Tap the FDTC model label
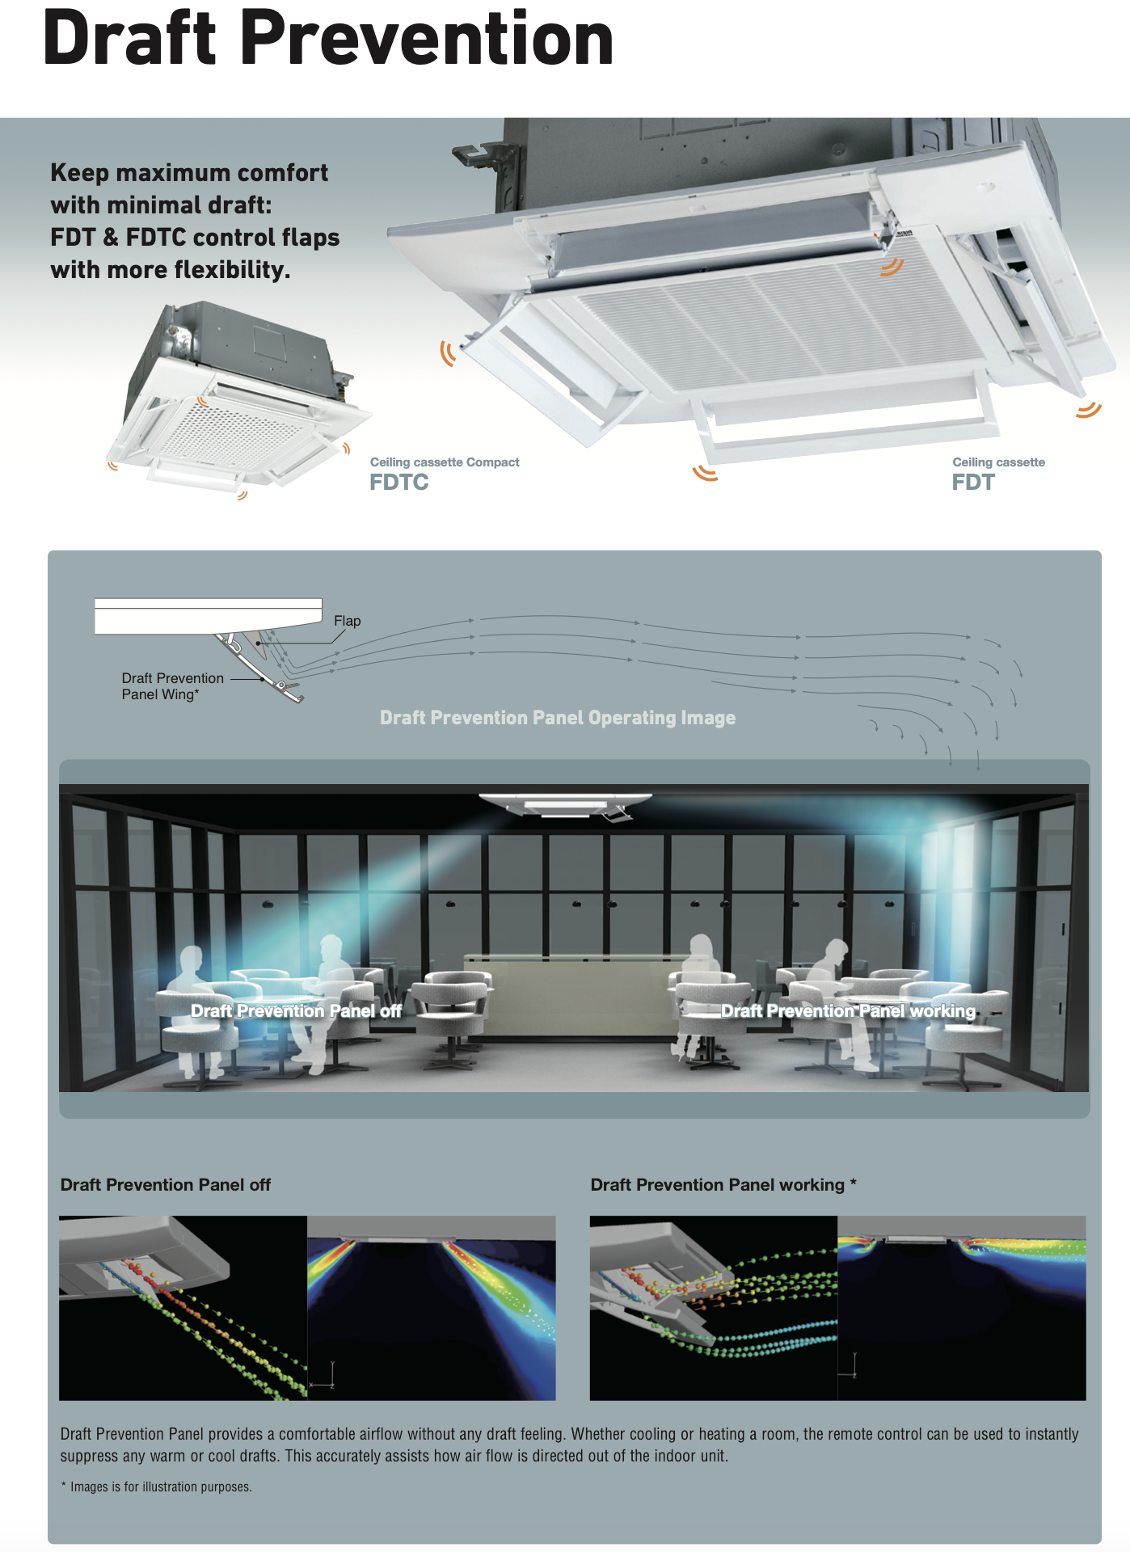point(398,483)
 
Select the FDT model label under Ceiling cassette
point(972,483)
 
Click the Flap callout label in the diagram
point(347,621)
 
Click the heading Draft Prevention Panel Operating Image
point(558,718)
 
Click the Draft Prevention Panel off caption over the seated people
point(296,1010)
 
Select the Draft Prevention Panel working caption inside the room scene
point(848,1010)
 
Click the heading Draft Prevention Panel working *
point(723,1185)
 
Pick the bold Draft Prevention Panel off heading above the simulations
point(165,1185)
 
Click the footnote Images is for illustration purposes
point(160,1487)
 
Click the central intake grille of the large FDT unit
point(776,323)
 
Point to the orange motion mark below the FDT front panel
point(705,473)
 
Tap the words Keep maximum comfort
point(189,173)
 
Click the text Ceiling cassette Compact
point(445,462)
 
